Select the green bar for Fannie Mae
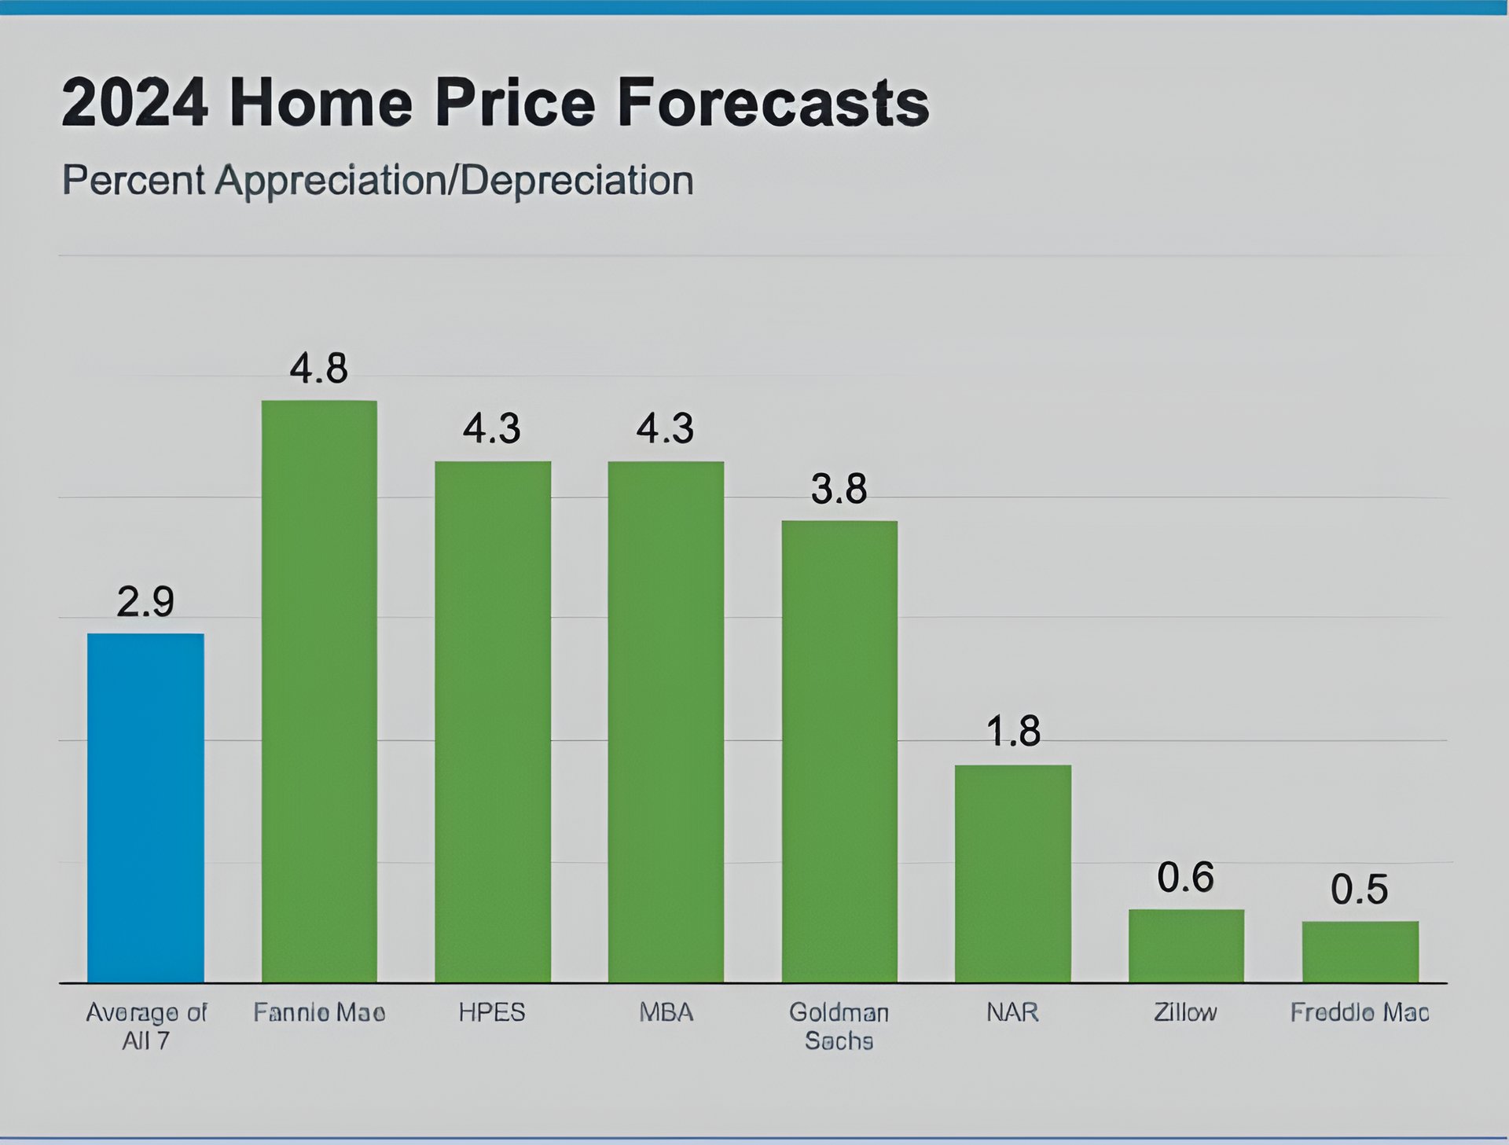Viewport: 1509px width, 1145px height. point(319,692)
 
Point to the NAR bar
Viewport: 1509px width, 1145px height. point(1013,873)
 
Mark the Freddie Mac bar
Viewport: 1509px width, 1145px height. point(1360,952)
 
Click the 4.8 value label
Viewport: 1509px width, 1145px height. point(318,369)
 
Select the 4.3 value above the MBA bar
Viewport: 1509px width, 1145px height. point(665,429)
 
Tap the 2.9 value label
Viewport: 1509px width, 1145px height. point(145,602)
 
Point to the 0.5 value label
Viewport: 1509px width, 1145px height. point(1359,890)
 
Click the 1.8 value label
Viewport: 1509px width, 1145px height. point(1013,732)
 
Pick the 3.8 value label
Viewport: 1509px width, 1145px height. point(839,489)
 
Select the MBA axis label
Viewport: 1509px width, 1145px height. point(666,1012)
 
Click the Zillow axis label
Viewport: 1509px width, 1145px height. point(1185,1012)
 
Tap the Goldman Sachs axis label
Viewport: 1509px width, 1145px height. point(839,1026)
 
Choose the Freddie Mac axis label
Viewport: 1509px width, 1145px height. point(1359,1012)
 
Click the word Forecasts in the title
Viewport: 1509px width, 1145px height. point(773,102)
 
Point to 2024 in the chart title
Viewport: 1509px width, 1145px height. point(134,102)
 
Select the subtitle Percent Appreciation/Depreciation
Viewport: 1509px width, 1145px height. point(377,181)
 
